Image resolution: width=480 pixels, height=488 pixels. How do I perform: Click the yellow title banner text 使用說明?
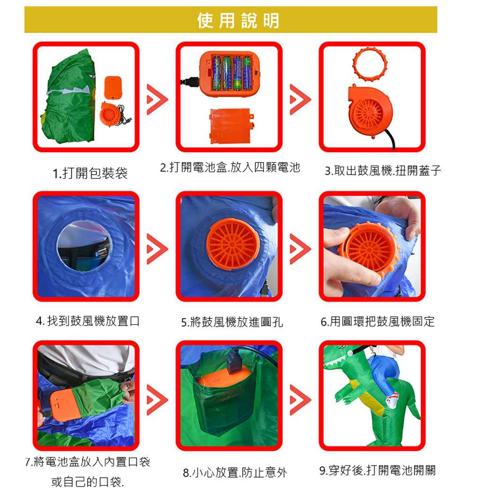(x=239, y=21)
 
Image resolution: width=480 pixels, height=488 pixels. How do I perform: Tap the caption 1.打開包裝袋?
(x=90, y=173)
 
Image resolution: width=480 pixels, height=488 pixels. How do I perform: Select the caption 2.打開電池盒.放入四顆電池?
(x=230, y=168)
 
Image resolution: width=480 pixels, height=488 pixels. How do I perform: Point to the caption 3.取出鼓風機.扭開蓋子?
(x=382, y=170)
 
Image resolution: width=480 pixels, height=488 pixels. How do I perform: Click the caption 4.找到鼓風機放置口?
(x=88, y=321)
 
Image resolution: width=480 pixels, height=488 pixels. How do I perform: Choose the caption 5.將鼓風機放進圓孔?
(x=232, y=322)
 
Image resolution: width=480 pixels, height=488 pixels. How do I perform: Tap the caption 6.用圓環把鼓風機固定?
(x=377, y=321)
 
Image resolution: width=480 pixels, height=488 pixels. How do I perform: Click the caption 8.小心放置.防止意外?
(x=235, y=473)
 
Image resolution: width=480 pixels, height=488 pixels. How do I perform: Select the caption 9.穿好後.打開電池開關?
(x=377, y=470)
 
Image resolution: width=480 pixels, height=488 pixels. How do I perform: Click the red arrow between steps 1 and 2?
(x=157, y=99)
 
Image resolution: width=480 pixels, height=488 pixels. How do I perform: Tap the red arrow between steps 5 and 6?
(x=300, y=249)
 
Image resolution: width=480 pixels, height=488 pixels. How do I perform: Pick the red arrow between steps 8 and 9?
(x=300, y=400)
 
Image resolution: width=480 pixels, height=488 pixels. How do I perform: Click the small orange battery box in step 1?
(x=113, y=87)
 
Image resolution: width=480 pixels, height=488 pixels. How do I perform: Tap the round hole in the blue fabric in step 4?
(x=83, y=246)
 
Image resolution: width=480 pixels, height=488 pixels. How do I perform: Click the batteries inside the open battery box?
(x=232, y=73)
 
